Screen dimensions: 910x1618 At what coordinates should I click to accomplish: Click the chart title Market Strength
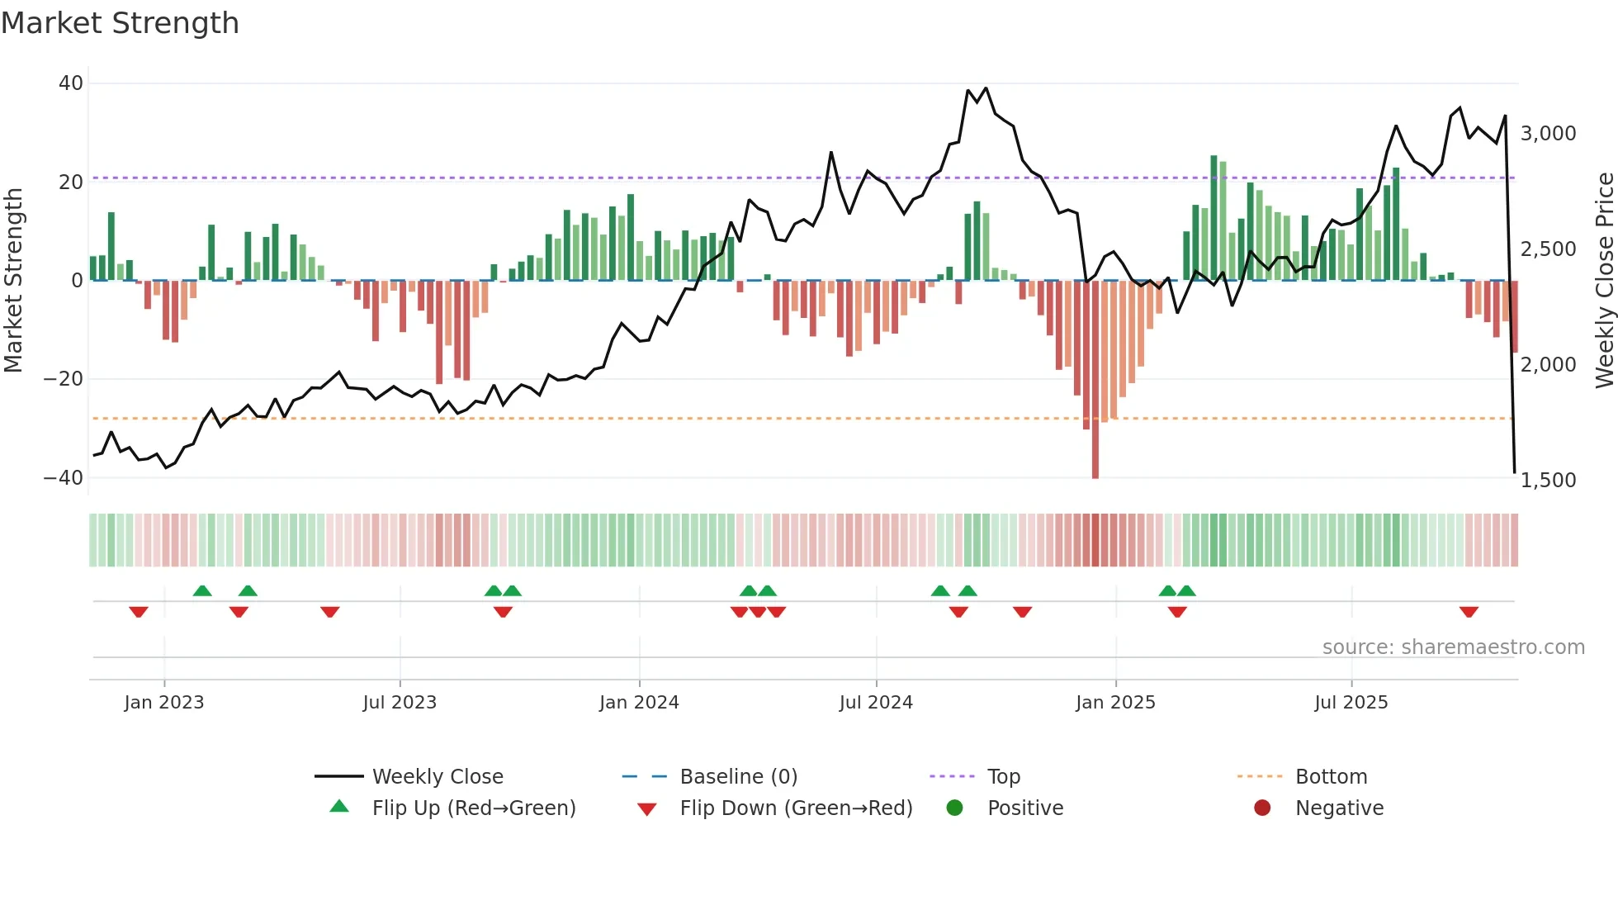(120, 23)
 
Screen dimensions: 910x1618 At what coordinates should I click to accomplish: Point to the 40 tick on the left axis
(71, 83)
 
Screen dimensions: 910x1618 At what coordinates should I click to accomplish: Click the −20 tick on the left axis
(64, 379)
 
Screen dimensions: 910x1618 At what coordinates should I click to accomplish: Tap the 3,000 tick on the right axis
(1548, 134)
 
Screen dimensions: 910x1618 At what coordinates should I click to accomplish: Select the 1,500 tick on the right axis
(1548, 481)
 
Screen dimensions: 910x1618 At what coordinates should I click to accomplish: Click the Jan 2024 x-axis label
(639, 703)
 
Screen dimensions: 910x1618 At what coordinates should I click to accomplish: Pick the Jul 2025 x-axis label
(1351, 703)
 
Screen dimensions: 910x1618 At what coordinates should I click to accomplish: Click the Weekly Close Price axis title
(1604, 280)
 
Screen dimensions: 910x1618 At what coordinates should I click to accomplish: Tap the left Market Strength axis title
(14, 280)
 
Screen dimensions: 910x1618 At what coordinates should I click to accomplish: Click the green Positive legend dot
(954, 808)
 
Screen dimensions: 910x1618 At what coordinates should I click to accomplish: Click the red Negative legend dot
(1262, 808)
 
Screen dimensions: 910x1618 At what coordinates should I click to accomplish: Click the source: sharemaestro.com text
(1453, 647)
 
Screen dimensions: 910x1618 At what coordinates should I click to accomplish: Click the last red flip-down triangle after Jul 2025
(1469, 612)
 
